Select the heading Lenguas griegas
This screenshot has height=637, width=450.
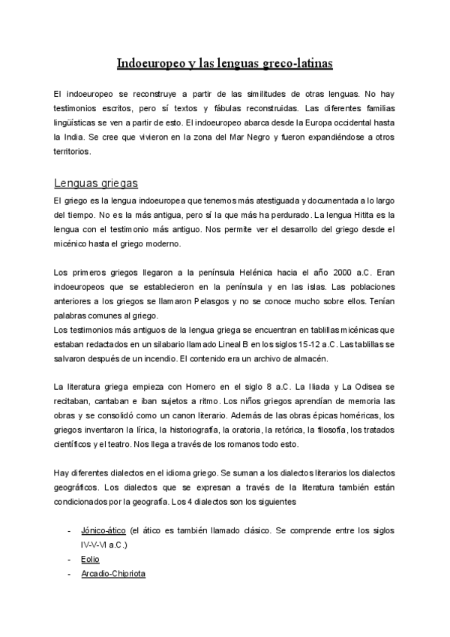pos(95,183)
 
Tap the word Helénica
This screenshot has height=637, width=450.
pos(254,271)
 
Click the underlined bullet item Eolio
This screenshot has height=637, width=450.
pos(90,559)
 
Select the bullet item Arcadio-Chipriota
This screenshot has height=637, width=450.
pos(113,573)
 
